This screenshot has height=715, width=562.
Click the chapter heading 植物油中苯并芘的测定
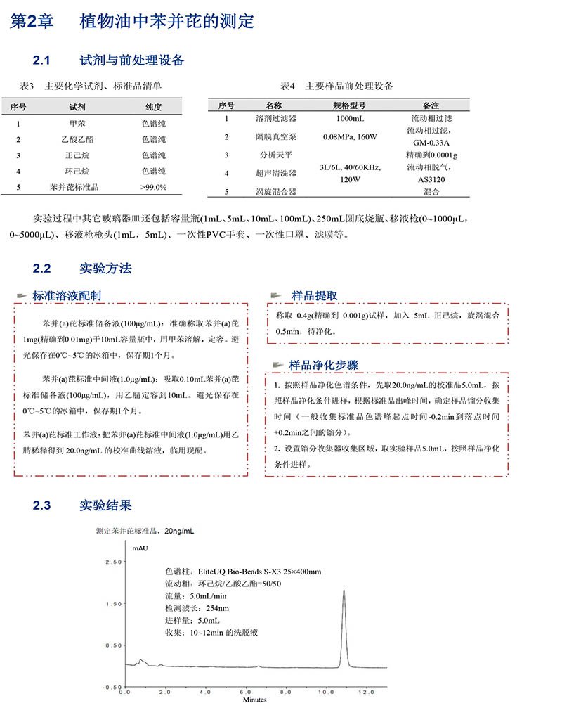point(167,21)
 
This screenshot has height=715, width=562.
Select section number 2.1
point(44,60)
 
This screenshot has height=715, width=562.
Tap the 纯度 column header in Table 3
point(153,107)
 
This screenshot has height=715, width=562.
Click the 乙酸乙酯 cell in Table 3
point(77,139)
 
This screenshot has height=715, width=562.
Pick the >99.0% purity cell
point(153,187)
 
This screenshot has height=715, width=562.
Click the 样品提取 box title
point(315,295)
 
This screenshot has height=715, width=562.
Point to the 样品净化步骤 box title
point(324,365)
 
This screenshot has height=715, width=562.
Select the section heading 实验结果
point(106,505)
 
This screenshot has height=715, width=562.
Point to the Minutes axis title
point(254,700)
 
